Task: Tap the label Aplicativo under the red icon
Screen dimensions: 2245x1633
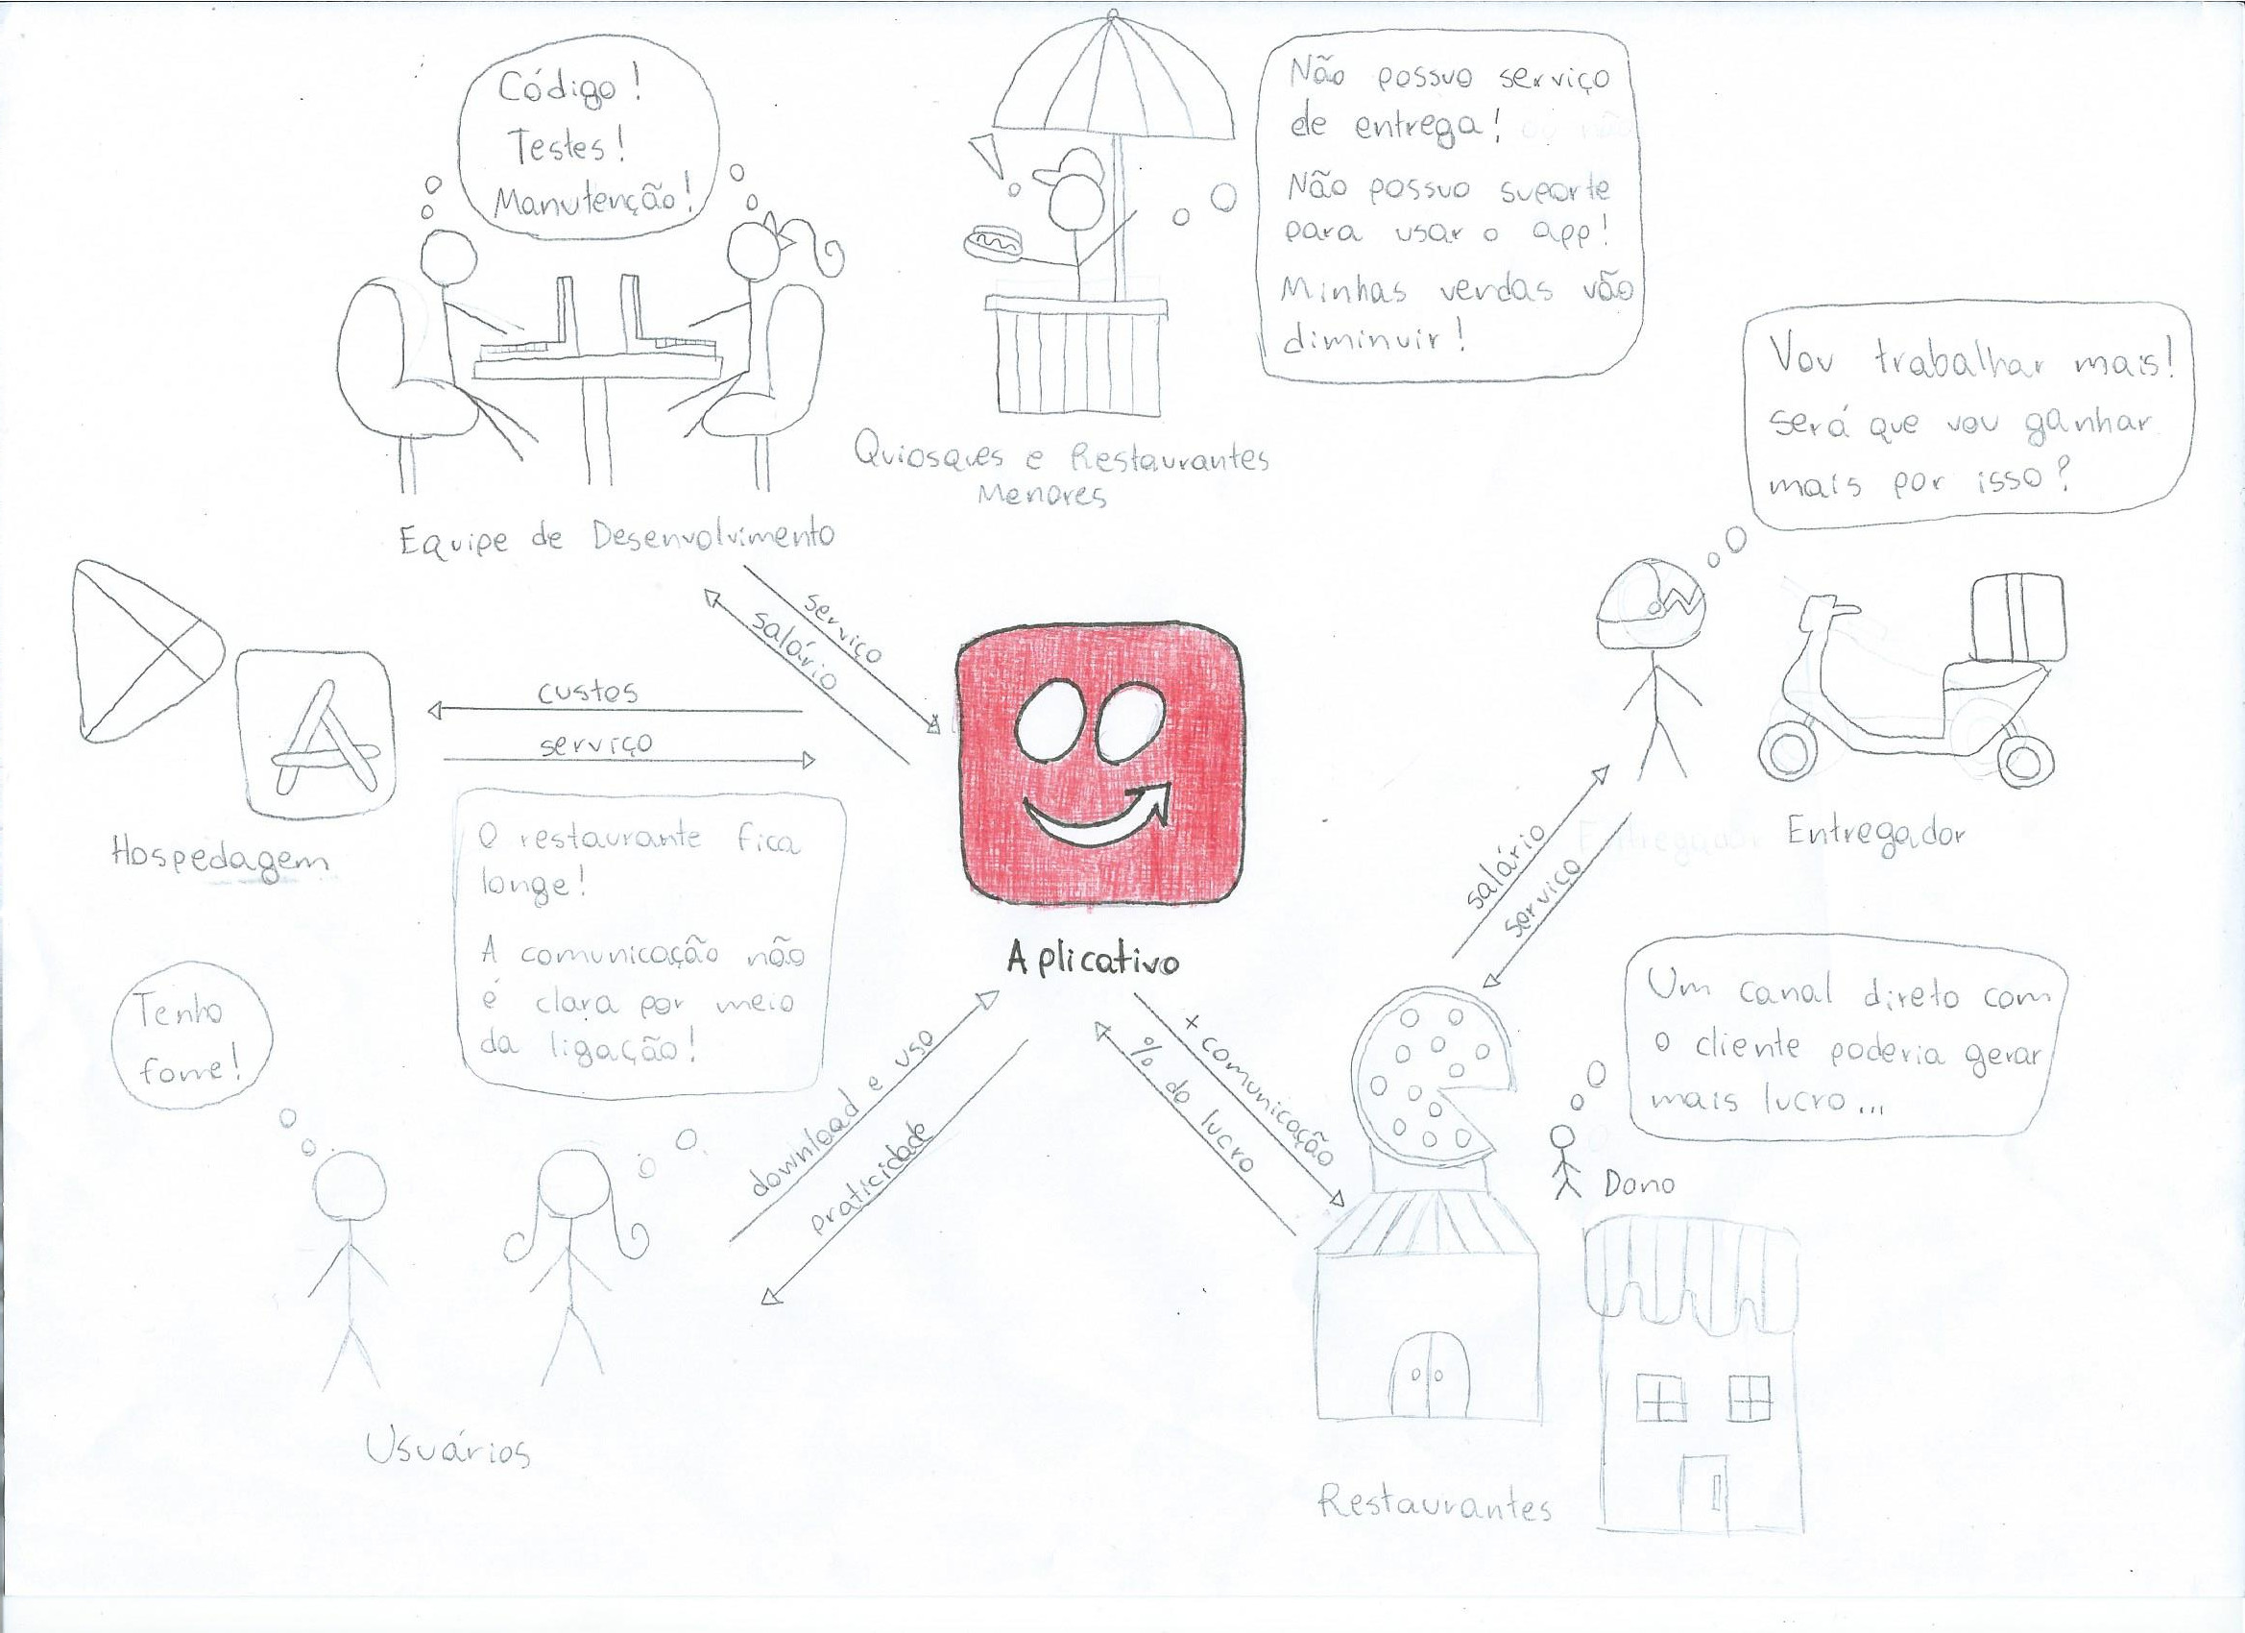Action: coord(1093,961)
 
